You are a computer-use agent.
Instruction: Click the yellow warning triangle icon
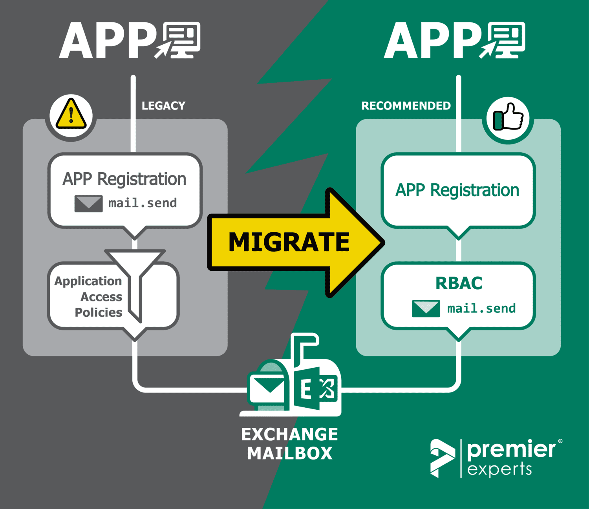[71, 115]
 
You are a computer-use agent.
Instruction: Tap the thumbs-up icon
[508, 118]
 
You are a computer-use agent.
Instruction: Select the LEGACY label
[163, 106]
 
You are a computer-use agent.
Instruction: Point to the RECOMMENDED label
[406, 106]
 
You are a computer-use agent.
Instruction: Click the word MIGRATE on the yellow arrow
[289, 242]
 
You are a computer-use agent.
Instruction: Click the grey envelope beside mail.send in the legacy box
[88, 203]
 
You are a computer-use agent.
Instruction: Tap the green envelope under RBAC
[426, 308]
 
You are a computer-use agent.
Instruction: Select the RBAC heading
[459, 283]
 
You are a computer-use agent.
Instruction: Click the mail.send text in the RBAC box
[481, 308]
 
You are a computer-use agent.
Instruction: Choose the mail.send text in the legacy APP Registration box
[143, 203]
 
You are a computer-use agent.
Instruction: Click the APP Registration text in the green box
[457, 190]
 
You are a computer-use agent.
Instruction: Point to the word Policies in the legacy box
[98, 312]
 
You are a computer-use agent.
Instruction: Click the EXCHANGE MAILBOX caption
[289, 444]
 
